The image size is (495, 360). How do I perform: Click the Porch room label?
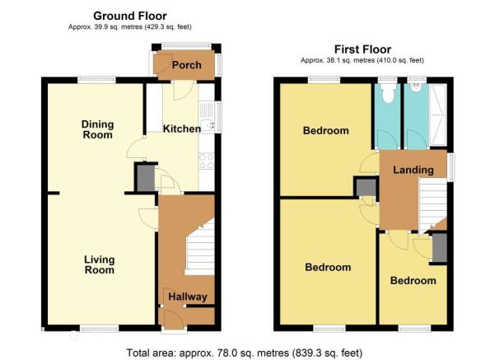(x=187, y=65)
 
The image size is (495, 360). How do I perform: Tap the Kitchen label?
(x=182, y=129)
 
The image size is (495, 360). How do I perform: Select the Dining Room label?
(x=97, y=129)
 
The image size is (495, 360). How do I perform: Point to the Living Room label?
(x=99, y=264)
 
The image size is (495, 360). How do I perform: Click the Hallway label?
(x=188, y=297)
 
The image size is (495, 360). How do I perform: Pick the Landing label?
(x=413, y=170)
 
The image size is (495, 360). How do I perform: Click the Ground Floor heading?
(x=130, y=16)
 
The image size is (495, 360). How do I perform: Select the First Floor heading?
(x=362, y=49)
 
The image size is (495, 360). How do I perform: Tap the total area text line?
(x=245, y=353)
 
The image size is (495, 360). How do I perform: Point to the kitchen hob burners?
(x=207, y=161)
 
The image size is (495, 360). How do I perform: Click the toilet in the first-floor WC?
(x=387, y=93)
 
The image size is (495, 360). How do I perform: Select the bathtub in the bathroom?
(x=438, y=115)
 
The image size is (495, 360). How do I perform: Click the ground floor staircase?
(x=200, y=247)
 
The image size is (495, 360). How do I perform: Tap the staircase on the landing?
(x=432, y=204)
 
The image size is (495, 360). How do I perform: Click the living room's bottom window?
(x=100, y=329)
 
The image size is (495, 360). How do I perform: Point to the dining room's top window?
(x=96, y=80)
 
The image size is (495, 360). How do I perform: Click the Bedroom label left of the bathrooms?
(x=326, y=130)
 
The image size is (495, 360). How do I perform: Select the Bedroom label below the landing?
(x=413, y=280)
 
